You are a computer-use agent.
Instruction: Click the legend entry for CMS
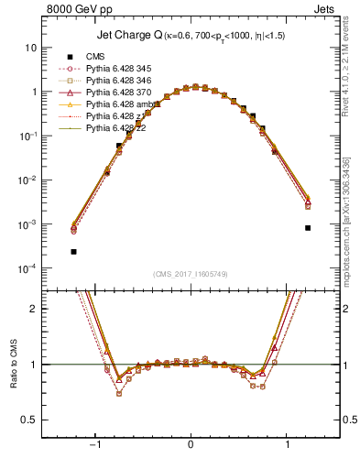click(96, 56)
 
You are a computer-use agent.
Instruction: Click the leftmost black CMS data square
click(73, 251)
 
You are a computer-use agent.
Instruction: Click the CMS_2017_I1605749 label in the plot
click(191, 275)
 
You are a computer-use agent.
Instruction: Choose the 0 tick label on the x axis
click(191, 444)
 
